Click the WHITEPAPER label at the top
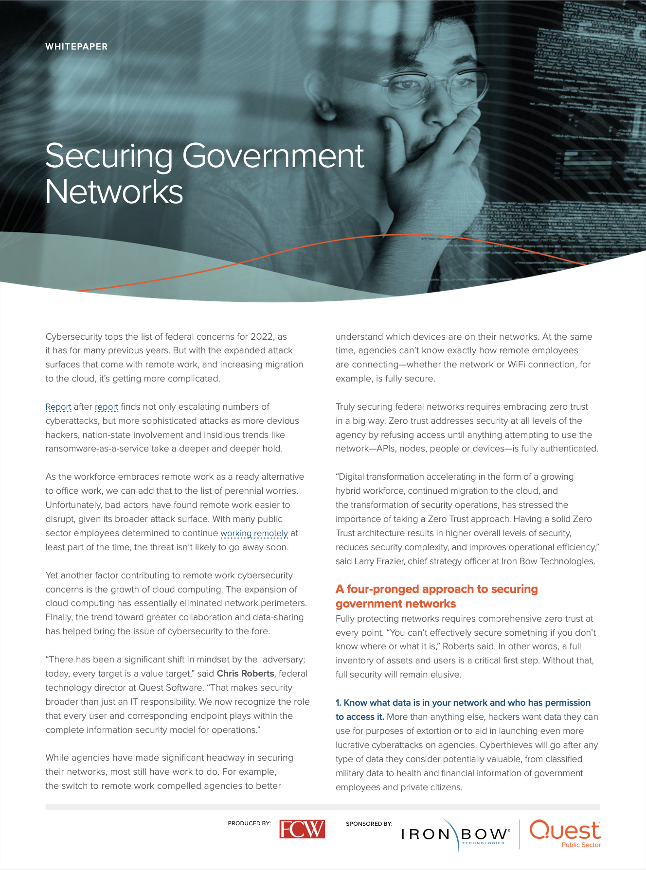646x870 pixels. click(76, 47)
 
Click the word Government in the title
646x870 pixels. click(273, 157)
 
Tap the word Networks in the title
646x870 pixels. click(114, 192)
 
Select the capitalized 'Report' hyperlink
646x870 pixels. click(58, 407)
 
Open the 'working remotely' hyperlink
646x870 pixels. click(254, 533)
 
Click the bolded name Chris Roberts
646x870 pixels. click(245, 674)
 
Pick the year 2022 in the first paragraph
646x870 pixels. click(262, 337)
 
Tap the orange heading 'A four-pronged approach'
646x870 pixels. click(436, 590)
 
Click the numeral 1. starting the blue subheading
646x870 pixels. click(339, 703)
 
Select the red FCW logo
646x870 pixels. click(302, 829)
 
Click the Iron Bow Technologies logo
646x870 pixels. click(455, 835)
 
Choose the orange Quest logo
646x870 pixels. click(565, 830)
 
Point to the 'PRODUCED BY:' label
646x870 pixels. click(249, 823)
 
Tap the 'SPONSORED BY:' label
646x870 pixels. click(369, 824)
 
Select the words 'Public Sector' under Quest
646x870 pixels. click(581, 845)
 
